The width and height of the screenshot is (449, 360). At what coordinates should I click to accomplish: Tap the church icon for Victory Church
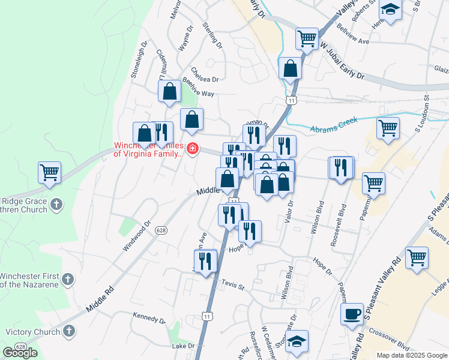[68, 331]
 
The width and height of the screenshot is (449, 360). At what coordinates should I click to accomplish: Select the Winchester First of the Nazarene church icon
[68, 279]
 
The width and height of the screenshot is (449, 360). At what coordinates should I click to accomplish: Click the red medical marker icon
[193, 148]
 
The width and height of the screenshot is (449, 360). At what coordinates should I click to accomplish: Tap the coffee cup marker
[352, 314]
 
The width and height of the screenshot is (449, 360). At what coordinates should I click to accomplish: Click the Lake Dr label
[184, 346]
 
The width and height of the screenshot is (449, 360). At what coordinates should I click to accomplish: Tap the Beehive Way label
[198, 94]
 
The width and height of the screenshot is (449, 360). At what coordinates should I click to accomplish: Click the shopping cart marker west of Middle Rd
[49, 172]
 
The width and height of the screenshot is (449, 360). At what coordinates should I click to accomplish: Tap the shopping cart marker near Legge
[417, 257]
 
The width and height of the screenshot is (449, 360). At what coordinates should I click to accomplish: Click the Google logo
[20, 353]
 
